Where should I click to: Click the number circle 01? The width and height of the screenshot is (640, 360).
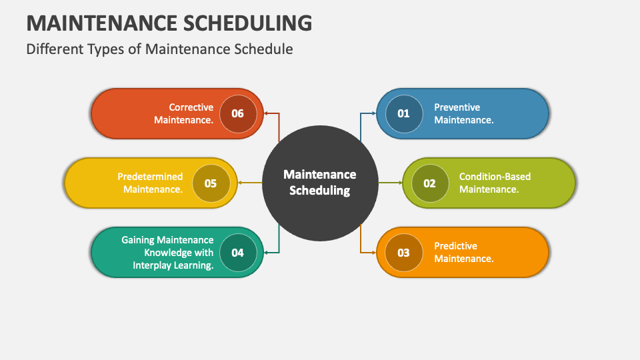point(403,113)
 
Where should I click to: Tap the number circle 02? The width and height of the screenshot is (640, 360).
point(429,183)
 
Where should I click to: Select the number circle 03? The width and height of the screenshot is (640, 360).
point(403,253)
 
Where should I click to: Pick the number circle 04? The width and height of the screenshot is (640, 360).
point(237,253)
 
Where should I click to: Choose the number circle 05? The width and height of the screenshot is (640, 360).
point(211,183)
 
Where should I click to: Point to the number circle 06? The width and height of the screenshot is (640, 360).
point(237,113)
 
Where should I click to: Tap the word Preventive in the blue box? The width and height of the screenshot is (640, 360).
point(457,107)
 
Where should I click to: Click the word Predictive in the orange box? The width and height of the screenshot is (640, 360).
point(455,246)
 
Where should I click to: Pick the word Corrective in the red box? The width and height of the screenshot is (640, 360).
point(191,107)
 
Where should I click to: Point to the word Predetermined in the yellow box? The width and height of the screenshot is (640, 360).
point(150,177)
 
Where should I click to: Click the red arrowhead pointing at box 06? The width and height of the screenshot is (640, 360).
point(266,113)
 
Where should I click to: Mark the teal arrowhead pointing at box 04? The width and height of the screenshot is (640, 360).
point(266,253)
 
